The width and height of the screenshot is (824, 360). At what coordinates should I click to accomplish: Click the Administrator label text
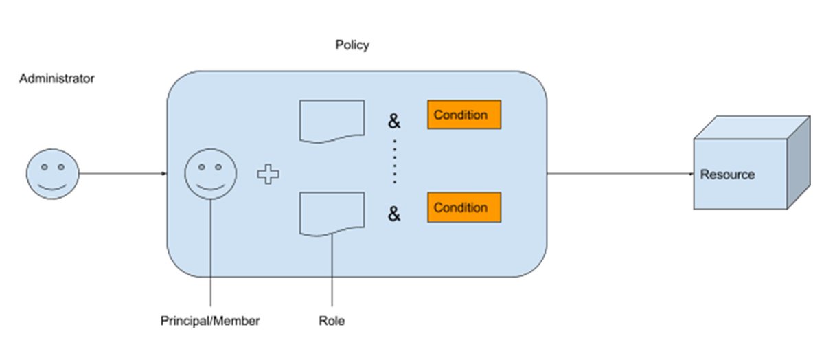pos(56,78)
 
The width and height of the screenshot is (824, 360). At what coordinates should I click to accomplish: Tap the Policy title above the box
pos(352,45)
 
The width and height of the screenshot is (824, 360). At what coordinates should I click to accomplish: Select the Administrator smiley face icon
pos(53,173)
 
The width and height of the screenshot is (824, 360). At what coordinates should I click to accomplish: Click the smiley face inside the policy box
pos(211,173)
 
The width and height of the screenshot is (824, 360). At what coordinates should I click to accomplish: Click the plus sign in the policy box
pos(268,175)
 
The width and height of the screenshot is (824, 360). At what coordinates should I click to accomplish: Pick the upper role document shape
pos(332,121)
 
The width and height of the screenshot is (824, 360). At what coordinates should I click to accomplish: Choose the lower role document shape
pos(332,214)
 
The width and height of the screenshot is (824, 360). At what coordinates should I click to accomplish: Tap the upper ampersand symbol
pos(394,122)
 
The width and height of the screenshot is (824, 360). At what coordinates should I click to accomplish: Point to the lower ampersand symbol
pos(394,215)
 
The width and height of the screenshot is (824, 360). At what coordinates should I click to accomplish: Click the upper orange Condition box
pos(464,115)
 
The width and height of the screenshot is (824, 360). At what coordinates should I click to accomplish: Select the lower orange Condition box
pos(464,207)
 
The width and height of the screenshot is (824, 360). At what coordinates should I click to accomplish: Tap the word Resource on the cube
pos(727,175)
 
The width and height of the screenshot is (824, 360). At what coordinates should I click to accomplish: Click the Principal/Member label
pos(210,321)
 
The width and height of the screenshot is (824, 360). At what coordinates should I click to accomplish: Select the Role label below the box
pos(332,321)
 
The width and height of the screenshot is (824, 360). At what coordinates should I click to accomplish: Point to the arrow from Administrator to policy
pos(122,173)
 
